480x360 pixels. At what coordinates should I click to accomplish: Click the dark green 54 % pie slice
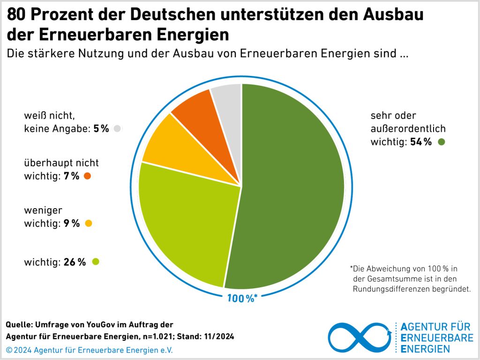tap(295, 187)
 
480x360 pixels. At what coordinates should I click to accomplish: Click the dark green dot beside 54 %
tap(441, 142)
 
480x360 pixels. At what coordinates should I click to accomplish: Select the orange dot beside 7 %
tap(87, 176)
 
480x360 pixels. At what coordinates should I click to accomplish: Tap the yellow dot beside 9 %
tap(88, 224)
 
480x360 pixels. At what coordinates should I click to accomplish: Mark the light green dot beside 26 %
tap(96, 262)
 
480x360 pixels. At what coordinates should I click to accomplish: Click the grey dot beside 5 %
tap(117, 128)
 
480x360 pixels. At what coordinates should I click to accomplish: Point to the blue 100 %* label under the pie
tap(242, 298)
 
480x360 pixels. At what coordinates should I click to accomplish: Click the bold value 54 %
tap(420, 142)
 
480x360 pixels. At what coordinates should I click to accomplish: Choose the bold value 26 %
tap(75, 262)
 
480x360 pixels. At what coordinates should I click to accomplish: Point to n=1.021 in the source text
tap(160, 337)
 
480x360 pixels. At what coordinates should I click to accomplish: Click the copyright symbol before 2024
tap(9, 350)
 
